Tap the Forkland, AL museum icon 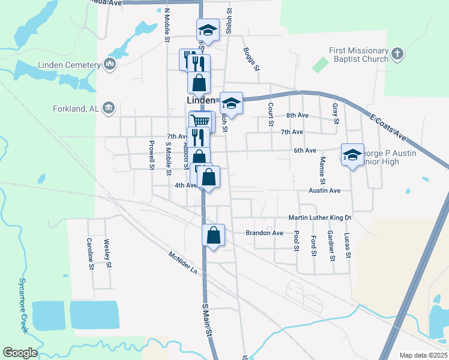(109, 107)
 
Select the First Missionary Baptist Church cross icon (396, 55)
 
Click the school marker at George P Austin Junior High (352, 154)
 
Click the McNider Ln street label (183, 263)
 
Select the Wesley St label (108, 252)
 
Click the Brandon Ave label (264, 233)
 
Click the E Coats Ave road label (388, 128)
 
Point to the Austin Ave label (325, 190)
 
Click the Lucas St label (347, 246)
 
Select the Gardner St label (330, 246)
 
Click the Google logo (20, 353)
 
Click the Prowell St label (151, 155)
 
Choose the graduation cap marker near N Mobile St (208, 29)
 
